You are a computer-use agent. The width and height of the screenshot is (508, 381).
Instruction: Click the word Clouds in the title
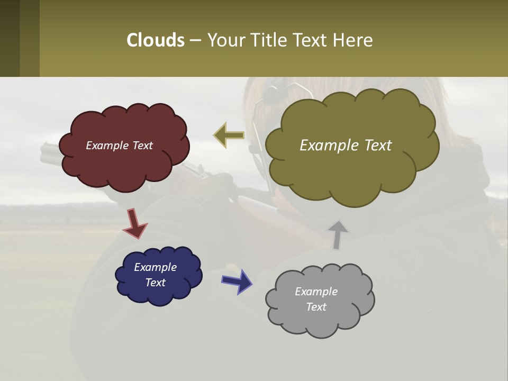(x=156, y=40)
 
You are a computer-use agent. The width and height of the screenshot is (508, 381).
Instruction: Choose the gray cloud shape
(x=320, y=323)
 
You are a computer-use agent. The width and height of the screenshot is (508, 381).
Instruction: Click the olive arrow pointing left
(x=229, y=135)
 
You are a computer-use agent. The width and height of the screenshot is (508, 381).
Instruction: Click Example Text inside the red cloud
(x=119, y=146)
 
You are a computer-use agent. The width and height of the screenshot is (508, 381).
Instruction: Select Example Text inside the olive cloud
(x=346, y=146)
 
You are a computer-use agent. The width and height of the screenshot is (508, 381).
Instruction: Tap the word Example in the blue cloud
(x=155, y=267)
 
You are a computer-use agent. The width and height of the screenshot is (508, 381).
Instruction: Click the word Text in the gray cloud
(x=316, y=307)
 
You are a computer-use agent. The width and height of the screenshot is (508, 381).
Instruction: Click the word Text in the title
(x=310, y=40)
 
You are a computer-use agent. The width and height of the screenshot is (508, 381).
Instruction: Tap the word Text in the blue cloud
(x=155, y=283)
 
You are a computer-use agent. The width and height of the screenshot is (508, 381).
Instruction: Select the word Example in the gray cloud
(x=316, y=292)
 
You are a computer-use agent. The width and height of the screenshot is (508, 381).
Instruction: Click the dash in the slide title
(x=195, y=40)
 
